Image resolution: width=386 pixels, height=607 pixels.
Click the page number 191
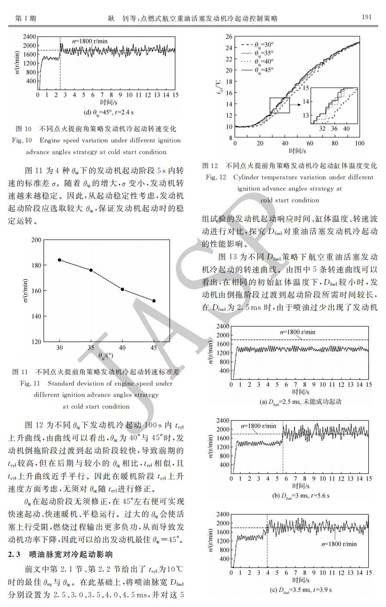366,17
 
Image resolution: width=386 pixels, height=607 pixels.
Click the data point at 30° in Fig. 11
59,260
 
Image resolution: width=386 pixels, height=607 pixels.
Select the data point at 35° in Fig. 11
91,270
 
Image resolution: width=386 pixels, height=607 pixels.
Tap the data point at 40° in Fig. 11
122,289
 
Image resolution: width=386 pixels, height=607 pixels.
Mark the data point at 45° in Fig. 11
154,301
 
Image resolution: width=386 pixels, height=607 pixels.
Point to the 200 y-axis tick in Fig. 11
36,240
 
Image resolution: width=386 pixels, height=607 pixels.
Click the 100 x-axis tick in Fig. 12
360,143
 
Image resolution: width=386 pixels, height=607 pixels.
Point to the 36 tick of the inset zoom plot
334,129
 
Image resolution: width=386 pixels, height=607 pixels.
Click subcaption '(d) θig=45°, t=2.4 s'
108,112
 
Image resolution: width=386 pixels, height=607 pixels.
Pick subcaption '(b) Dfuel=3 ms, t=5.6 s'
301,495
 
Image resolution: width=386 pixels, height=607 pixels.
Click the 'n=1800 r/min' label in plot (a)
298,332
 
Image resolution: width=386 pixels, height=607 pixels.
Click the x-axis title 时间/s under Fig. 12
298,151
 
